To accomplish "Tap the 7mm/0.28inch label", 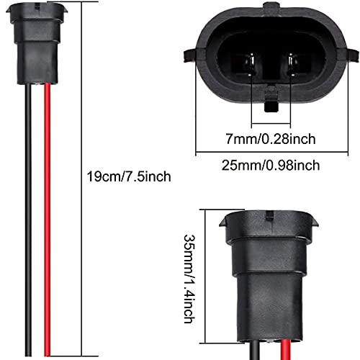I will point(270,136).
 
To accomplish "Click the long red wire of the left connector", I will point(53,216).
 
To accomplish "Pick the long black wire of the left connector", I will point(40,216).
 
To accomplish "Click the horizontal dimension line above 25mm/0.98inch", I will point(270,151).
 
